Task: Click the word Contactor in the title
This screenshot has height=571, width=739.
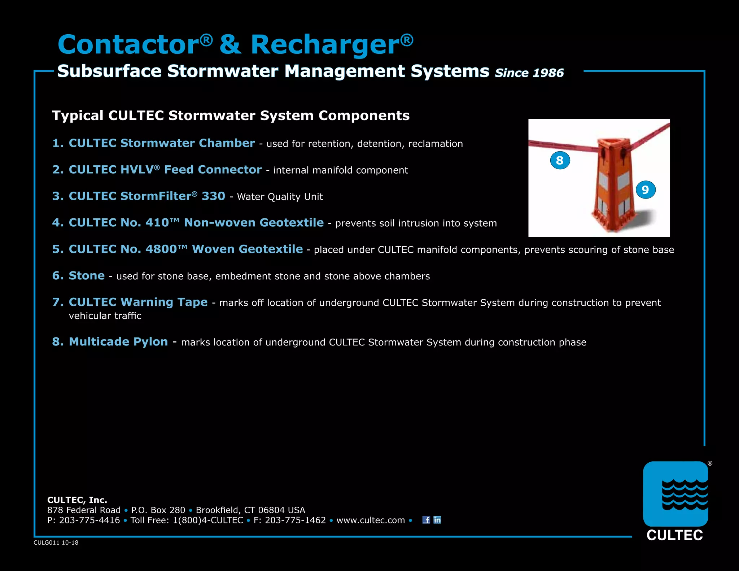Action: point(128,45)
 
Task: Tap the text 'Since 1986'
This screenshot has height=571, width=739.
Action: point(529,73)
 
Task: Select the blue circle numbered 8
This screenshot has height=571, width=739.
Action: point(560,160)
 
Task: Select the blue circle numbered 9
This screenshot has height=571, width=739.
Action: point(645,190)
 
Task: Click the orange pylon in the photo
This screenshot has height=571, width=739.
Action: point(612,184)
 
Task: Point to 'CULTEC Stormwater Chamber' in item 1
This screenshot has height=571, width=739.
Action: point(162,143)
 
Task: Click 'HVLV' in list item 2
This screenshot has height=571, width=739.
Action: point(137,170)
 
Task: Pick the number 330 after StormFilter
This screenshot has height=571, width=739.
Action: point(213,196)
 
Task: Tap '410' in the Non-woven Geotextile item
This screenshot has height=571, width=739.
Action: point(157,223)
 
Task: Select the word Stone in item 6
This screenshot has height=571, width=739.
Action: point(87,276)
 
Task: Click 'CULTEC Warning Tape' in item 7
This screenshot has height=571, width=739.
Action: point(138,302)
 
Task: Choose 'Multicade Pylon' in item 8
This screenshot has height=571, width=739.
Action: point(118,342)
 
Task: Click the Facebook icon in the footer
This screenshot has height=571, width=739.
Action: point(426,520)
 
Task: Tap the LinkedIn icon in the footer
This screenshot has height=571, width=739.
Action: point(437,520)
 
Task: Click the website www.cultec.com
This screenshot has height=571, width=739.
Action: point(371,520)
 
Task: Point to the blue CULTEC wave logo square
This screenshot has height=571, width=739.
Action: point(675,494)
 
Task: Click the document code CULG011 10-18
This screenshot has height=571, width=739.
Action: point(56,542)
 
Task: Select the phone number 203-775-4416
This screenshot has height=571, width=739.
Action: point(89,520)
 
